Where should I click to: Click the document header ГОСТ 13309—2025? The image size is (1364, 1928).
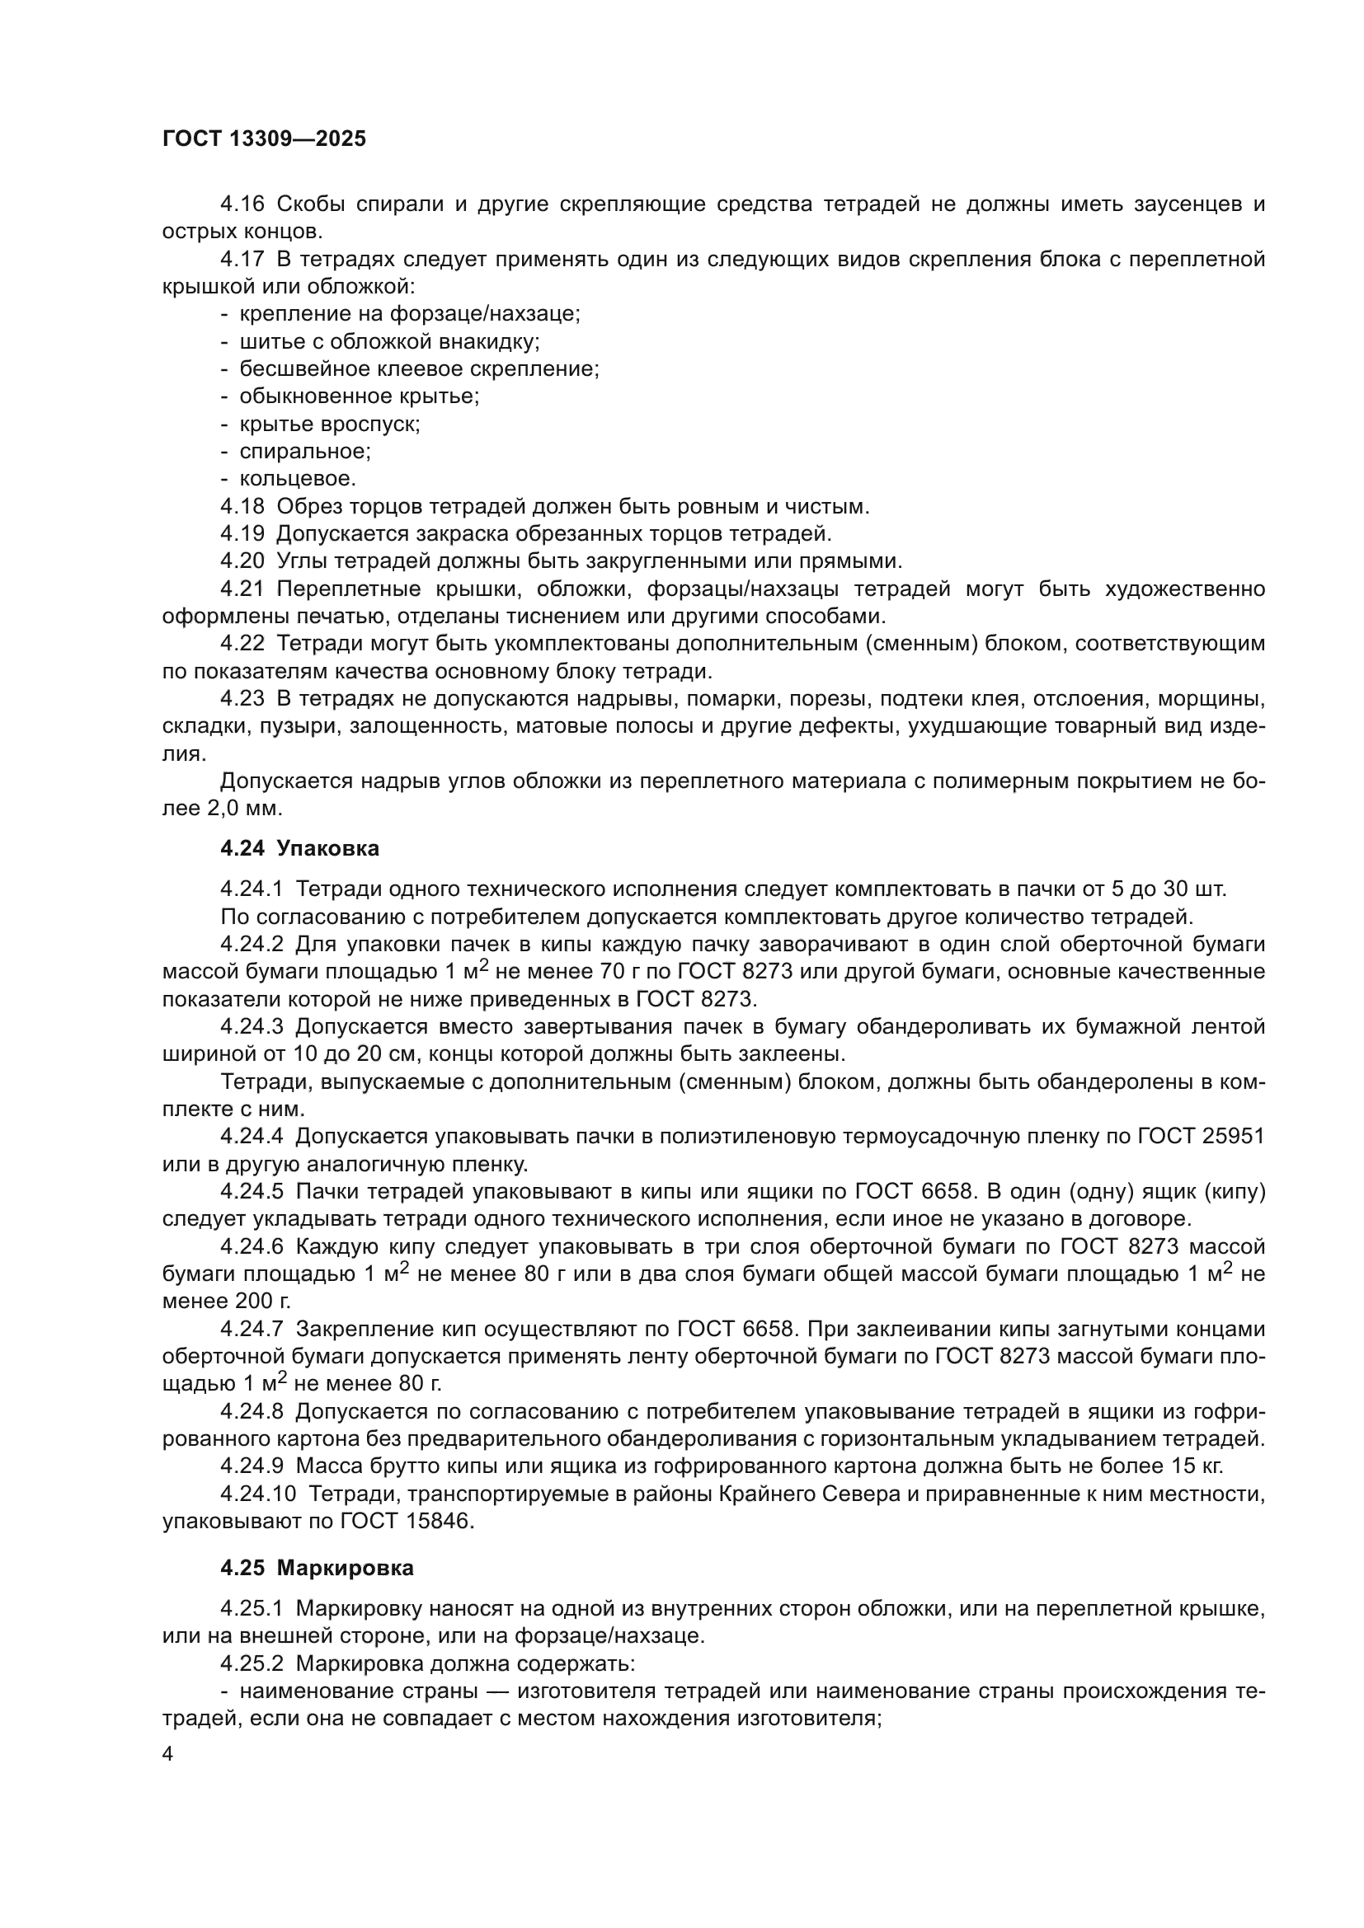pos(264,139)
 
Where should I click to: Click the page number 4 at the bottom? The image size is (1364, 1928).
pos(168,1755)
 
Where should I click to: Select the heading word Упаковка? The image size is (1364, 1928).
pos(327,849)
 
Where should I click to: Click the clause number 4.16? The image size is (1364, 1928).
pos(242,204)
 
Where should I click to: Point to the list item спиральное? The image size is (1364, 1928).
pos(305,452)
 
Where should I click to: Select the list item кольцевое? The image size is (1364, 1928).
pos(298,480)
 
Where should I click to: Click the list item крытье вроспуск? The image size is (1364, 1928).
pos(329,424)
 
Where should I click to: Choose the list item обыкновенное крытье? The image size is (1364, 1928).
pos(359,396)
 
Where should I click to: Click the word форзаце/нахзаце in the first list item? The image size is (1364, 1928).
pos(484,314)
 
